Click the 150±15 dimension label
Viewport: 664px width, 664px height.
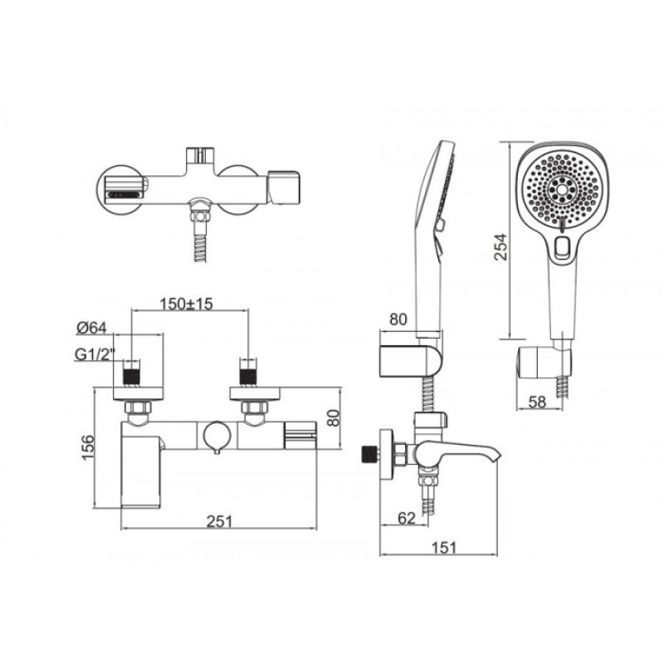click(x=186, y=304)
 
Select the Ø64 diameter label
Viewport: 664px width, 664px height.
click(x=91, y=327)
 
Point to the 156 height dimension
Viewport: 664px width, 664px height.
click(x=87, y=447)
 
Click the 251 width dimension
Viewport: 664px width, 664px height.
click(x=219, y=521)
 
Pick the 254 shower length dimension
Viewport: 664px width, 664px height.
click(x=500, y=247)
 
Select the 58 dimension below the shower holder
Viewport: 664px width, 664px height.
click(x=537, y=402)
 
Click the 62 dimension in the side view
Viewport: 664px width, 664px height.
click(x=407, y=518)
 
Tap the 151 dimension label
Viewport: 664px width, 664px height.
click(x=444, y=548)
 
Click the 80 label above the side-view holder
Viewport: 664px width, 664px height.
click(x=398, y=320)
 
